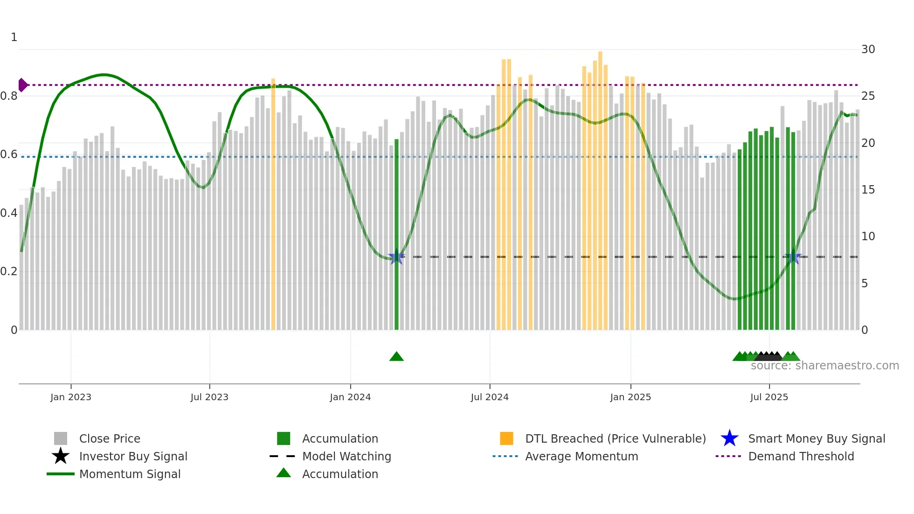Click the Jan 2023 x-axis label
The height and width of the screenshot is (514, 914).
tap(71, 397)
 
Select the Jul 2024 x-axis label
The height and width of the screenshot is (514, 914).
tap(490, 397)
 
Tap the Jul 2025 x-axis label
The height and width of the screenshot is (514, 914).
tap(769, 397)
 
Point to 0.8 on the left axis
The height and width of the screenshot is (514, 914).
tap(9, 96)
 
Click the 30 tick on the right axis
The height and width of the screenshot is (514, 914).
tap(868, 49)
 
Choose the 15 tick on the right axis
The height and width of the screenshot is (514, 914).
tap(868, 190)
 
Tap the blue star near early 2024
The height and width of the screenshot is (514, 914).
tap(396, 257)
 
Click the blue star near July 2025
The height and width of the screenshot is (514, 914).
tap(793, 257)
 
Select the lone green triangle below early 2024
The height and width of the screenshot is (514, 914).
tap(396, 357)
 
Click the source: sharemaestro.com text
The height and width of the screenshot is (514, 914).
tap(824, 366)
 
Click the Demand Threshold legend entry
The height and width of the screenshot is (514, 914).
tap(801, 456)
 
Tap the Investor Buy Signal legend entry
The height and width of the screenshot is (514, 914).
tap(133, 456)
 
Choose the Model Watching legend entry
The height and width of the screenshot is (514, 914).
tap(346, 456)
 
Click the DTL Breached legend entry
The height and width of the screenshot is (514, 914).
tap(615, 438)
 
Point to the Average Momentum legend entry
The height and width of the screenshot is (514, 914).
tap(581, 456)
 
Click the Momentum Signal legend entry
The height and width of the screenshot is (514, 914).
tap(130, 474)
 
